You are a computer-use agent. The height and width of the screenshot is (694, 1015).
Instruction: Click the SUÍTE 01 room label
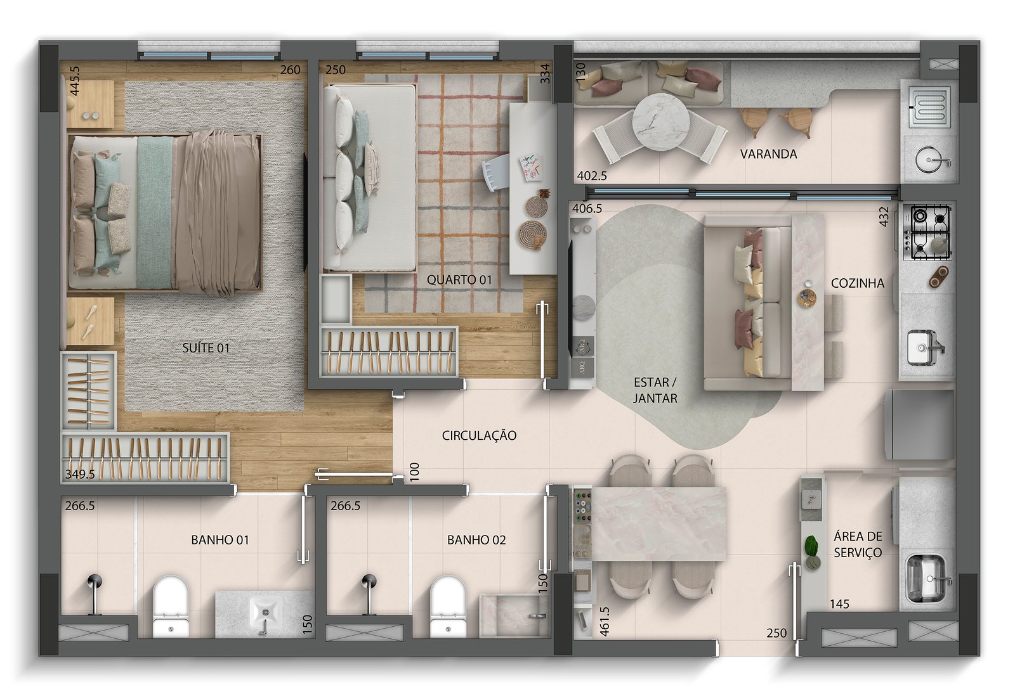tap(206, 348)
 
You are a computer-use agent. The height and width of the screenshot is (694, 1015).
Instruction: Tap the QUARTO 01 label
tap(459, 280)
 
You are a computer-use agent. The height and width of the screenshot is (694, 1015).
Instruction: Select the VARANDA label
tap(768, 154)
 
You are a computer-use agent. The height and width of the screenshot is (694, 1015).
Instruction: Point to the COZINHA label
tap(857, 283)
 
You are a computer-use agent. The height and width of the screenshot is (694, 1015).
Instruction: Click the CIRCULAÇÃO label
tap(479, 435)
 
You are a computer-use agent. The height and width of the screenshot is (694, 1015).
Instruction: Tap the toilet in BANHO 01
tap(171, 607)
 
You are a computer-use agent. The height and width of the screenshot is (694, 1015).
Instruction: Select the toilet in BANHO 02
tap(448, 607)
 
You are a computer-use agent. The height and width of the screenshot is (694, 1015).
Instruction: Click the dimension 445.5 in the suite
tap(75, 81)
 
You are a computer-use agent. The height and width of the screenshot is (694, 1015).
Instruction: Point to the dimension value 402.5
tap(592, 176)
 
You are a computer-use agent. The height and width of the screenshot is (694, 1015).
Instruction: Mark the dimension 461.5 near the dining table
tap(605, 622)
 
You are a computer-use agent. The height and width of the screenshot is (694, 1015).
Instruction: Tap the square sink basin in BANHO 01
tap(266, 613)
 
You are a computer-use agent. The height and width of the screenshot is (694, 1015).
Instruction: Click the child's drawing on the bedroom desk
tap(530, 168)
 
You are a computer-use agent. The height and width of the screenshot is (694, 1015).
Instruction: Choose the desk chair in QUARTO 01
tap(495, 172)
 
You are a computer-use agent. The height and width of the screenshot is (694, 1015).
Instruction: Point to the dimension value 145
tap(839, 604)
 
